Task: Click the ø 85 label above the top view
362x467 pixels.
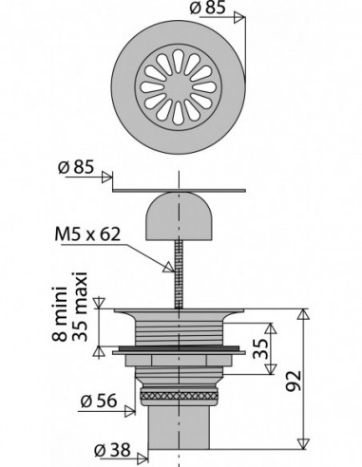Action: click(207, 8)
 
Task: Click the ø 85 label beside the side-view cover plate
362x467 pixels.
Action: click(76, 167)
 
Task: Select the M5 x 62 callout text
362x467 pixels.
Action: click(87, 234)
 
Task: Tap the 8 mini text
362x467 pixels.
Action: click(59, 314)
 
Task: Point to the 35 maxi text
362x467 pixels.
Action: click(79, 307)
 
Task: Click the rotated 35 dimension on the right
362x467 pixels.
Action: click(260, 348)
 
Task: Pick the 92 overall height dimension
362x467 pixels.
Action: click(294, 381)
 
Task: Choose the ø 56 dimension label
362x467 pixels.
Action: click(99, 401)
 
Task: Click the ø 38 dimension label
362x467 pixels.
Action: click(112, 450)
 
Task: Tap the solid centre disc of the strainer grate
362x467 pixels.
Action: click(178, 87)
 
